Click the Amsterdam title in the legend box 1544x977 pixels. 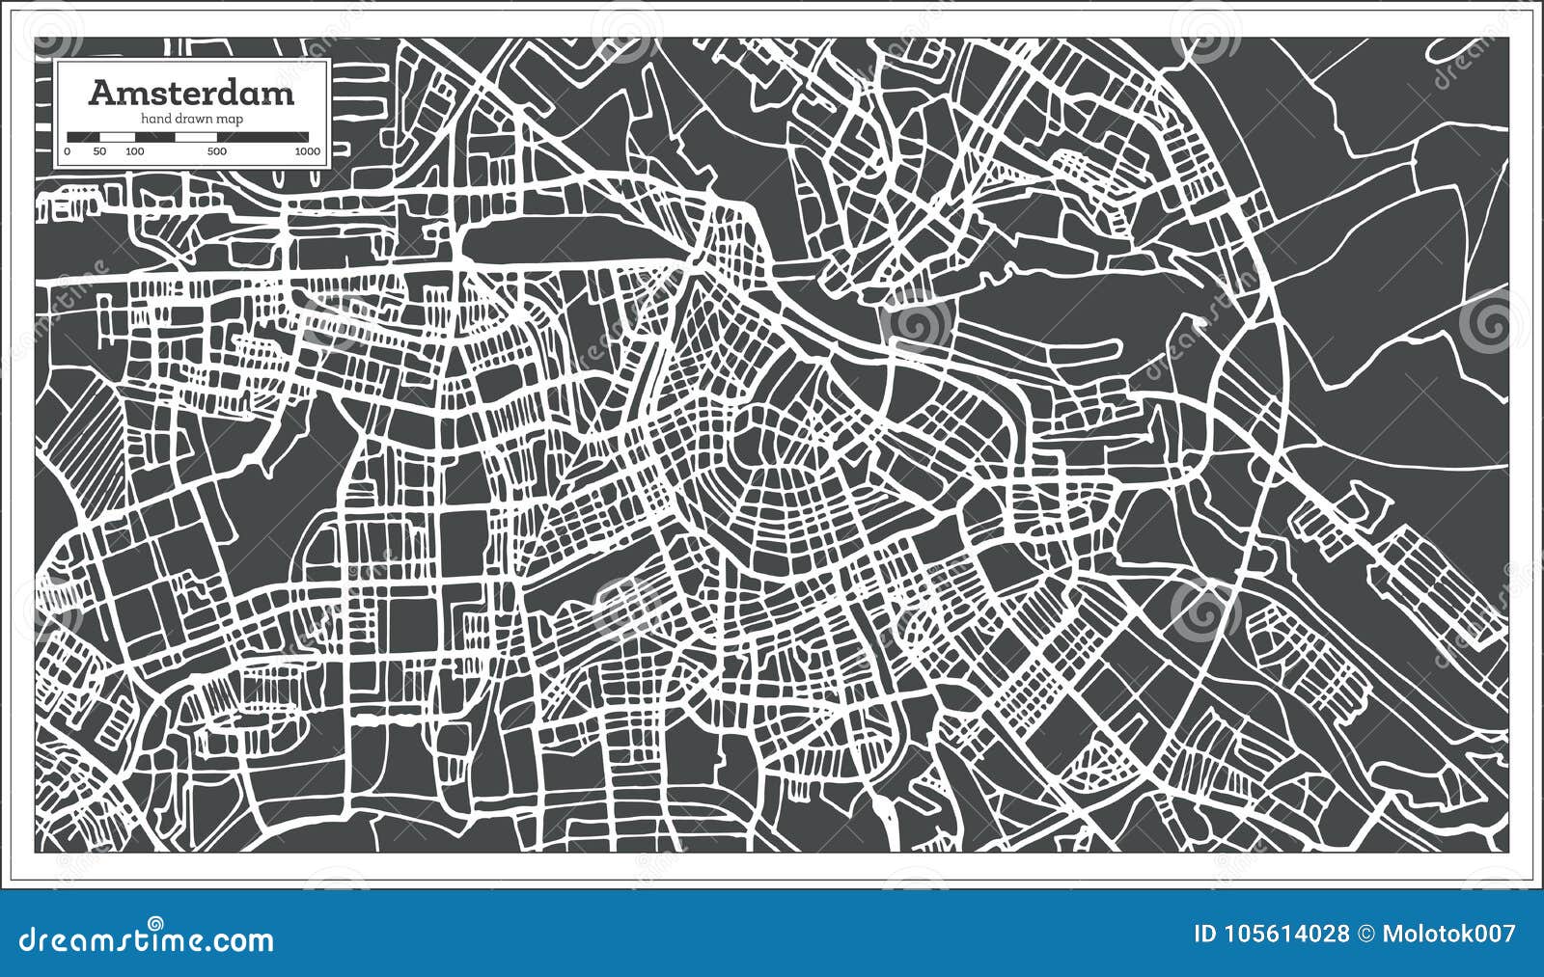(x=191, y=93)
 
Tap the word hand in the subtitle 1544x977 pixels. (x=155, y=118)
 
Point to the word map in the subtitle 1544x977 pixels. (x=231, y=118)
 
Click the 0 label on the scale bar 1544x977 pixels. (x=68, y=151)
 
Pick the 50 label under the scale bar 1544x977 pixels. (x=99, y=151)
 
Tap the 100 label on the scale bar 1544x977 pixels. (x=134, y=151)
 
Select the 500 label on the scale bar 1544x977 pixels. (x=217, y=151)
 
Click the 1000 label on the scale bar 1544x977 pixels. (x=308, y=151)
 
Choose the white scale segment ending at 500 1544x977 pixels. (x=196, y=136)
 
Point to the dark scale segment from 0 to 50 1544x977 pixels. (x=83, y=136)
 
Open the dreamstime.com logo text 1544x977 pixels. (x=147, y=939)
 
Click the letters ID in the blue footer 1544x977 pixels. (x=1206, y=934)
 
